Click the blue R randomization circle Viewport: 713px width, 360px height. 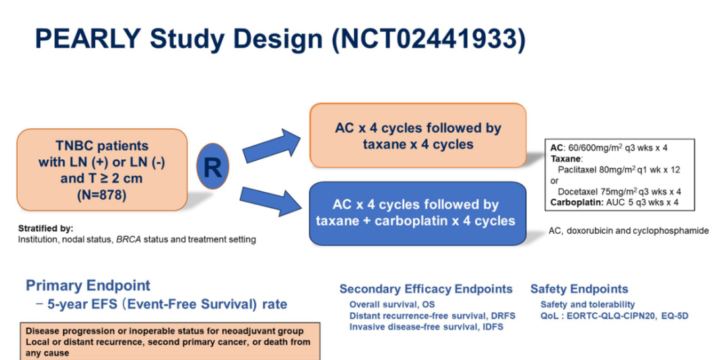(x=212, y=166)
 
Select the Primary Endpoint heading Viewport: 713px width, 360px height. (x=88, y=286)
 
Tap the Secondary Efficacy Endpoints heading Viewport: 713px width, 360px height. (x=426, y=289)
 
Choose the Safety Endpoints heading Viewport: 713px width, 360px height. (x=579, y=289)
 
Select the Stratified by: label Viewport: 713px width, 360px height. (x=46, y=229)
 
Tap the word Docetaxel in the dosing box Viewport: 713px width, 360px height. (x=580, y=192)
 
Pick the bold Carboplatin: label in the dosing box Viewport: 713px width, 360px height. (x=577, y=202)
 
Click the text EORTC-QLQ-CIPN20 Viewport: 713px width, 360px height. (x=615, y=316)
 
